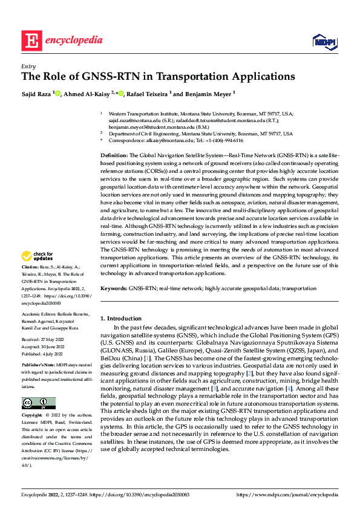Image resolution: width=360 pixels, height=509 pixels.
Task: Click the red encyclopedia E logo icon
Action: click(x=31, y=41)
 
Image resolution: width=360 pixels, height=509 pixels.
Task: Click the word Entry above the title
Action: click(x=28, y=66)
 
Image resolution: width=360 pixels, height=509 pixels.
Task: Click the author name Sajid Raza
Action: click(x=36, y=94)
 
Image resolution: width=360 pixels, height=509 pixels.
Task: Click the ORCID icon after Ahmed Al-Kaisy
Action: click(x=121, y=94)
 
